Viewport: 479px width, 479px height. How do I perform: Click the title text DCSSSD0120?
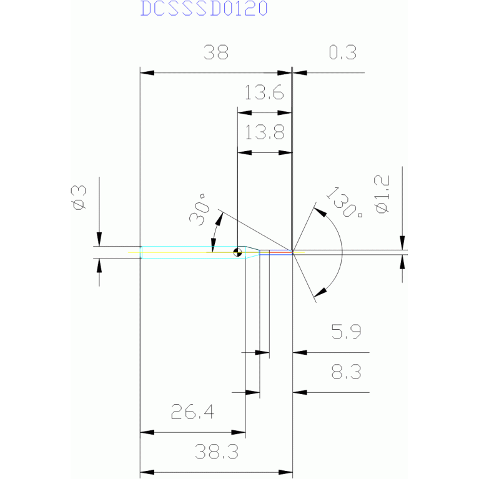pos(204,9)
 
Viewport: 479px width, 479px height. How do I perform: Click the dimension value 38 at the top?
pos(215,52)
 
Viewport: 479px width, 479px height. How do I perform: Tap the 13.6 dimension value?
pos(264,94)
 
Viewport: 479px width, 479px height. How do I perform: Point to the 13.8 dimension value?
pos(264,132)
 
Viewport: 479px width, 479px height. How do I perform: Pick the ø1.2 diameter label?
pos(382,194)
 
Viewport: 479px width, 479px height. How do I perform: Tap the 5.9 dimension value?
pos(347,332)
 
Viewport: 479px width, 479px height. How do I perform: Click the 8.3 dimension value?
pos(347,373)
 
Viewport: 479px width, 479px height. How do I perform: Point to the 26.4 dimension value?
pos(192,412)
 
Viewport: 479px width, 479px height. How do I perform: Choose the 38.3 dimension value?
pos(216,452)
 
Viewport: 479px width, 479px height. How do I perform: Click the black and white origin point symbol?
pos(238,253)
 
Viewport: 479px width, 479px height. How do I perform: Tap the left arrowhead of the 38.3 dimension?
pos(146,472)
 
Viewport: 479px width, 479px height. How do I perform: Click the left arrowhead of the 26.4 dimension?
pos(146,432)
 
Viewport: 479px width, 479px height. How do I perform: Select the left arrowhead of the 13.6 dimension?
pos(244,112)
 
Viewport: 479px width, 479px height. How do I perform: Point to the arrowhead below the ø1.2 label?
pos(402,260)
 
